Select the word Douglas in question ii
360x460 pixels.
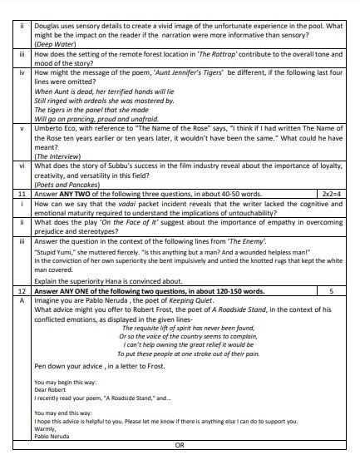point(49,5)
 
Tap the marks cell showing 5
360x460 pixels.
point(331,292)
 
